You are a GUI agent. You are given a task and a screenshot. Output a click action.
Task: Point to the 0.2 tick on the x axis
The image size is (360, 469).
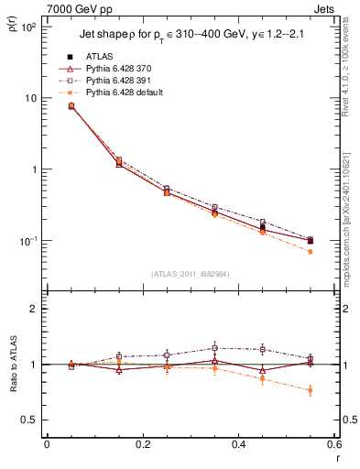click(142, 444)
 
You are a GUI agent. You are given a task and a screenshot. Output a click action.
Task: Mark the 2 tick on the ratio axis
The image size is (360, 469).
click(34, 309)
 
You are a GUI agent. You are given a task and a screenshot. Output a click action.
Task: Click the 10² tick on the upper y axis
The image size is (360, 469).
click(28, 27)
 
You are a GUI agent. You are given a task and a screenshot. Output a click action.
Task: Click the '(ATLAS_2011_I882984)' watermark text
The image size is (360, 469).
click(191, 274)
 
